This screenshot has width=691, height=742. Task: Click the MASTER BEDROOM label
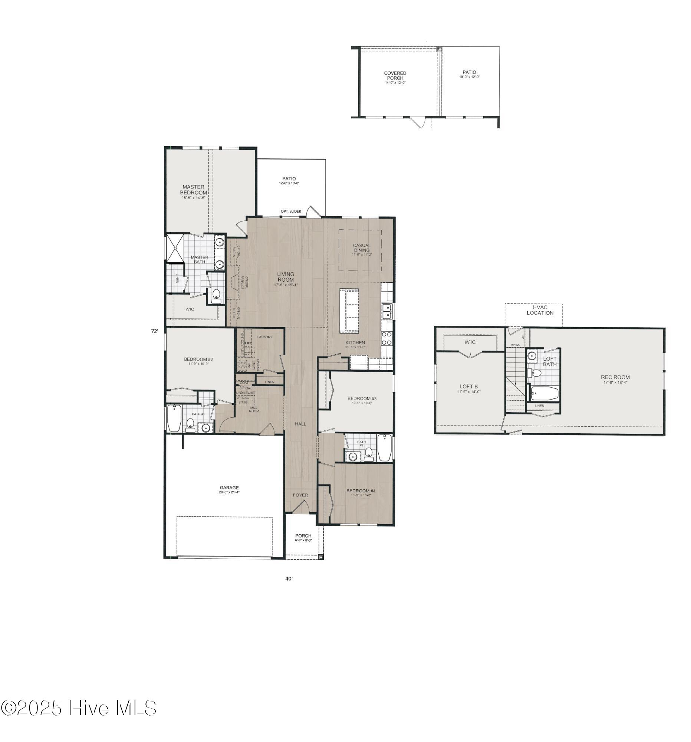tap(193, 190)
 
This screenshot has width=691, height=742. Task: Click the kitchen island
tap(349, 311)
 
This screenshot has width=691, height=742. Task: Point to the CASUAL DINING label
tap(362, 248)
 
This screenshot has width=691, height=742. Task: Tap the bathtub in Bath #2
tap(384, 448)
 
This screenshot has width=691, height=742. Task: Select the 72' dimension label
tap(154, 331)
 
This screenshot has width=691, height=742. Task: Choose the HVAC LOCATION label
tap(540, 310)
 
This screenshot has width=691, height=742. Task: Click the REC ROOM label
tap(615, 377)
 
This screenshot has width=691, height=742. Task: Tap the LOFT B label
tap(468, 387)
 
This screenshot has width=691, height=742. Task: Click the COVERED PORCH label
tap(395, 76)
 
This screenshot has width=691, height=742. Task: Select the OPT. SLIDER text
tap(291, 211)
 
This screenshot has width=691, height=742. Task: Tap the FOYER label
tap(300, 495)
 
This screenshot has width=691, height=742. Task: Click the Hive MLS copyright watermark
tap(78, 708)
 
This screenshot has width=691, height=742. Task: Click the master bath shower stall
tap(175, 248)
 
